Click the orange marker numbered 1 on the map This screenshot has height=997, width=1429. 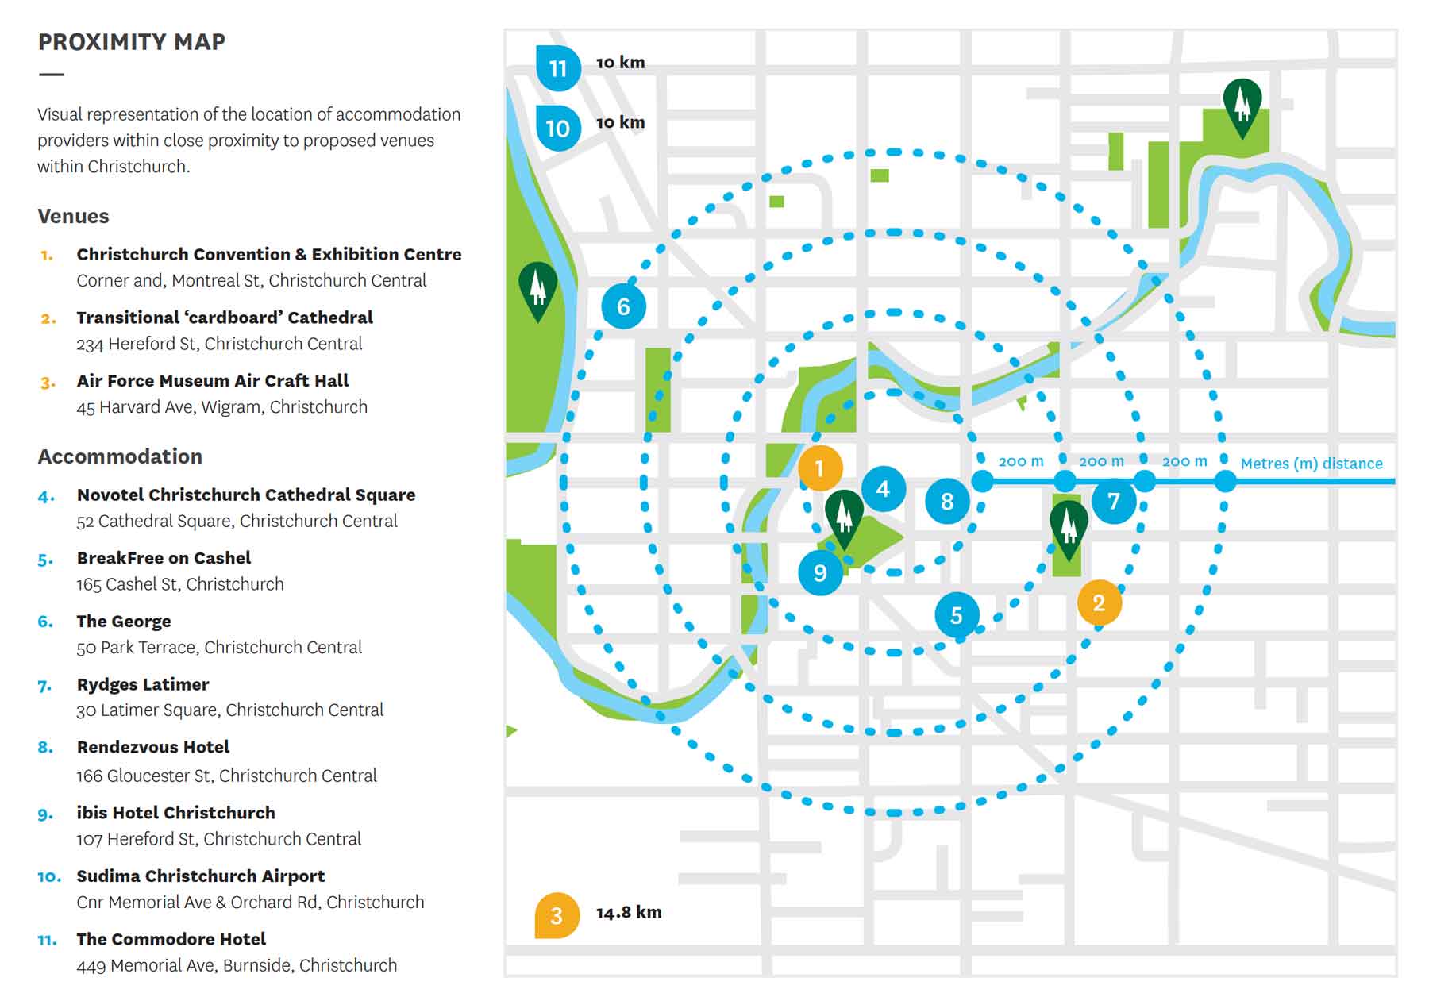(820, 468)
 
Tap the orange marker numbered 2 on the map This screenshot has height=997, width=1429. (1099, 603)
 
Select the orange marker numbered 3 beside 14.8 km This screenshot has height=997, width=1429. (557, 915)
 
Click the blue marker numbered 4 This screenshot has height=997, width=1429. (883, 489)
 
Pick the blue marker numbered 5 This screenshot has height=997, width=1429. (957, 615)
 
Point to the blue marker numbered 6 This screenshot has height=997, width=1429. (623, 306)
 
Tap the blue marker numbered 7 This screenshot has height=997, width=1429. (1114, 501)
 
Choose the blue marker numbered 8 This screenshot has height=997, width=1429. (947, 502)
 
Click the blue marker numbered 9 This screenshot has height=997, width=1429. (820, 573)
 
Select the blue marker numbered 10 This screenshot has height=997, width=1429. (557, 128)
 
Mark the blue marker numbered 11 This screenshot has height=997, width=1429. (558, 68)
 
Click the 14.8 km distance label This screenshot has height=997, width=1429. (629, 913)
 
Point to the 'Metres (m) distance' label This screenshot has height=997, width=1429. (1311, 464)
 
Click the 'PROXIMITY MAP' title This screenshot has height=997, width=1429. (132, 42)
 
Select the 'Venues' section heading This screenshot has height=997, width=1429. (73, 216)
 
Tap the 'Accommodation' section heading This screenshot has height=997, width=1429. (120, 456)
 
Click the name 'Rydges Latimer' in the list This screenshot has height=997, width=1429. (143, 684)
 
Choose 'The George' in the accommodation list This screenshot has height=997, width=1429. (124, 621)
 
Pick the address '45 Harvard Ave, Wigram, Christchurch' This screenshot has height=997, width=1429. (221, 407)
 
